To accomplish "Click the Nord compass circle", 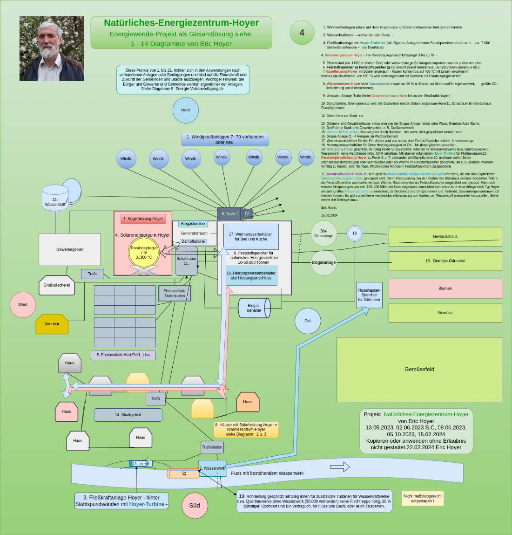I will pyautogui.click(x=185, y=110).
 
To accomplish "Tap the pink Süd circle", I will pyautogui.click(x=195, y=505).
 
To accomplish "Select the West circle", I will pyautogui.click(x=22, y=305).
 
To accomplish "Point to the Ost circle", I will pyautogui.click(x=308, y=321).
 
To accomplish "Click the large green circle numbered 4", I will pyautogui.click(x=302, y=33).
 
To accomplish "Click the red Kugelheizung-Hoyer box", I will pyautogui.click(x=143, y=219).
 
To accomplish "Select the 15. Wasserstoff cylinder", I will pyautogui.click(x=55, y=198).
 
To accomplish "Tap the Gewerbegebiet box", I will pyautogui.click(x=69, y=249).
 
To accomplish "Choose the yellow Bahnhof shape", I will pyautogui.click(x=52, y=324).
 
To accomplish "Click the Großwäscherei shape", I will pyautogui.click(x=56, y=285).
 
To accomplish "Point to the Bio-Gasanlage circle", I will pyautogui.click(x=323, y=233).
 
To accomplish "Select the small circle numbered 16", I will pyautogui.click(x=355, y=233).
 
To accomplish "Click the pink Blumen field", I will pyautogui.click(x=445, y=288).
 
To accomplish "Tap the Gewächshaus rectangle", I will pyautogui.click(x=445, y=237).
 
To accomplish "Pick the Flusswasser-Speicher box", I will pyautogui.click(x=369, y=295).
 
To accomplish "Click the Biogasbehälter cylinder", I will pyautogui.click(x=254, y=308).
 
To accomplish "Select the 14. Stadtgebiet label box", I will pyautogui.click(x=128, y=415).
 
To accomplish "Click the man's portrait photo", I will pyautogui.click(x=52, y=49).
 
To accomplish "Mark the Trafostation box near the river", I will pyautogui.click(x=212, y=447).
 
